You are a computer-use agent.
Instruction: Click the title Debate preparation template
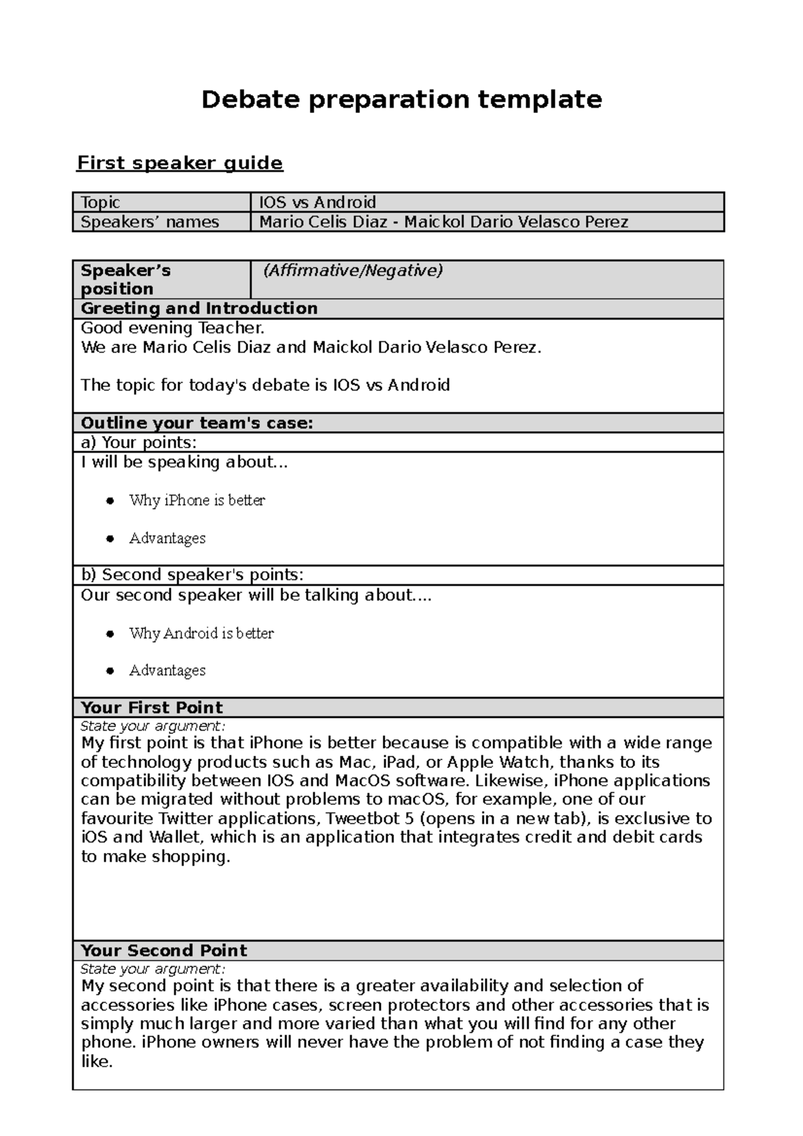click(401, 100)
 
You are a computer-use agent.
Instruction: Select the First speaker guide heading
click(180, 163)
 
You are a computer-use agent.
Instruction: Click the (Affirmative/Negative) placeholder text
click(353, 270)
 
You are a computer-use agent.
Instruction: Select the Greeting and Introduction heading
click(199, 308)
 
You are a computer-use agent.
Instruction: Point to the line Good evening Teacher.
click(173, 328)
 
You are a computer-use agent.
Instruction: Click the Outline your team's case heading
click(197, 423)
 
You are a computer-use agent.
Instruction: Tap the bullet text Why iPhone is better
click(197, 500)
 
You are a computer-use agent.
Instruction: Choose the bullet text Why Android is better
click(201, 633)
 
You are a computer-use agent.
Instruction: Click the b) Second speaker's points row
click(192, 575)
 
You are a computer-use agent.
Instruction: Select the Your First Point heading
click(152, 708)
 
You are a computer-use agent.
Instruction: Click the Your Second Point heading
click(164, 951)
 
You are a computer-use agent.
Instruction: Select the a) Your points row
click(139, 442)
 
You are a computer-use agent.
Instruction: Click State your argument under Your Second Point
click(153, 969)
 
